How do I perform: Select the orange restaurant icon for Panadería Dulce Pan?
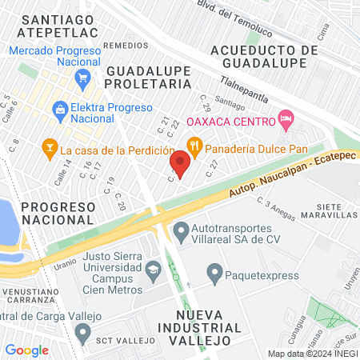point(193,146)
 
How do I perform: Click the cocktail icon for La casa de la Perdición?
point(49,148)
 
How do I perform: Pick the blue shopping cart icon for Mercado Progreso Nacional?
point(82,78)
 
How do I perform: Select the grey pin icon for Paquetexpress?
point(214,274)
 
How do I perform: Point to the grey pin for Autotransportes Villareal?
point(181,232)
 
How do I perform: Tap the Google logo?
point(26,350)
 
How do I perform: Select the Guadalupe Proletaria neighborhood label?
point(149,76)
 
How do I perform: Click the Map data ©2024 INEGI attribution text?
point(312,353)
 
